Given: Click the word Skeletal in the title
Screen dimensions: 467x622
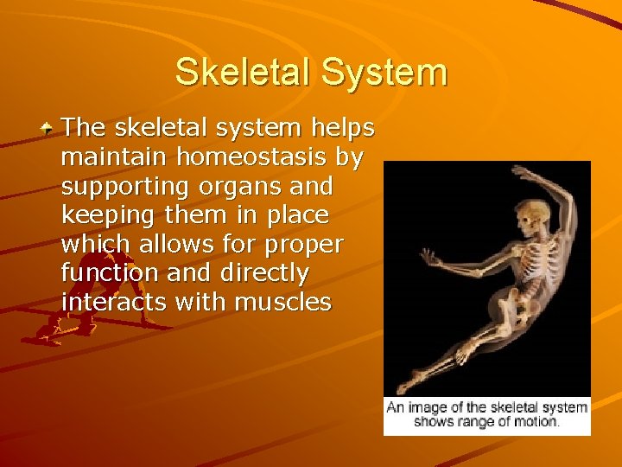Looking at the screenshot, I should click(x=243, y=72).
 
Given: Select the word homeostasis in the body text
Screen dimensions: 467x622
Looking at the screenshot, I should click(x=245, y=157).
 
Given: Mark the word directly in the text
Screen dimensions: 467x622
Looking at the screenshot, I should click(x=264, y=273).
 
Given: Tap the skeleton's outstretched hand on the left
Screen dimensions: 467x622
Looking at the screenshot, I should click(x=428, y=258).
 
